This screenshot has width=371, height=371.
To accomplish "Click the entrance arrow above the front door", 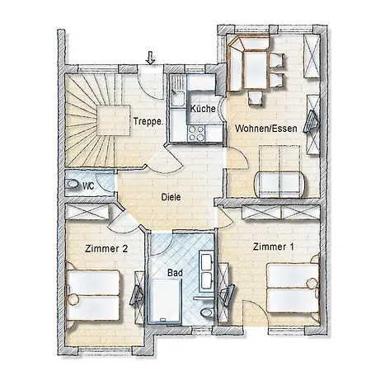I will (150, 58).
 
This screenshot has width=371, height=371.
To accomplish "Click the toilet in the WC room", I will (72, 185).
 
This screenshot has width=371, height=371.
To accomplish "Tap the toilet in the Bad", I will (207, 317).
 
